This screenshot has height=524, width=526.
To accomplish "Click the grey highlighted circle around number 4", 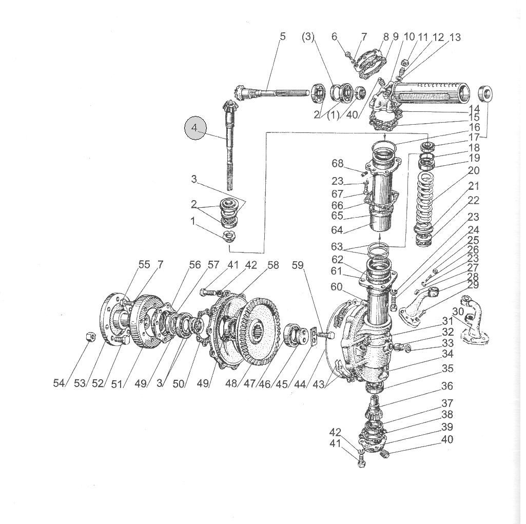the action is point(196,128).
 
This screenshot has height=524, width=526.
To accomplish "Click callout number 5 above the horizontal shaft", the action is point(282,36).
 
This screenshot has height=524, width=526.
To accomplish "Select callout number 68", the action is point(338,163).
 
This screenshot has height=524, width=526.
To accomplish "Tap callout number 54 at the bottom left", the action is point(59,383).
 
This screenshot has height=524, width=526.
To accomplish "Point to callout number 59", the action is point(298,265).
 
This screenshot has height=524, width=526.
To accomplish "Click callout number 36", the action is point(447,386).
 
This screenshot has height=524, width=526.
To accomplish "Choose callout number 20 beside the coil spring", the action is point(473,170).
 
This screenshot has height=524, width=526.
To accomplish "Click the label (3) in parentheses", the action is point(308,36).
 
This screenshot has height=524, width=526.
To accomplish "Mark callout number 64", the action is point(337,230).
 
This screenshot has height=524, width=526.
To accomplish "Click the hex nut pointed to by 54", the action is point(90,336).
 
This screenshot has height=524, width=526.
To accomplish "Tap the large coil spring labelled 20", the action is point(425,203).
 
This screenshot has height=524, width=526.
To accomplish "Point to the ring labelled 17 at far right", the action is point(485,93).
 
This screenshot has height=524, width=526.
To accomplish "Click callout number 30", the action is point(458,312).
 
